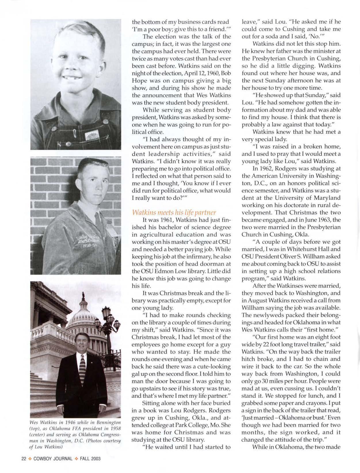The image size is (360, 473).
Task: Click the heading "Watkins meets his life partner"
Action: (174, 213)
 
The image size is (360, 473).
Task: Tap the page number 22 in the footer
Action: (24, 459)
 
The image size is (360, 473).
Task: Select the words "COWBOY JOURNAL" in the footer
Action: (53, 459)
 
